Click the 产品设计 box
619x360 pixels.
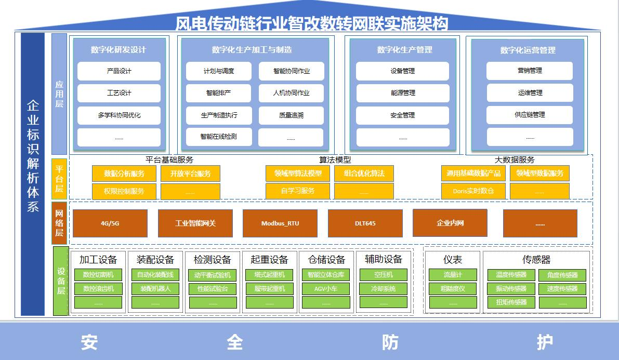(x=119, y=71)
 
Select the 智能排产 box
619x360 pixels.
(x=218, y=93)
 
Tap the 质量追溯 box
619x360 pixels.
(x=291, y=115)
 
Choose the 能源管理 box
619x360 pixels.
(x=402, y=93)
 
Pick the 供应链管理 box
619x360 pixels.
(x=530, y=115)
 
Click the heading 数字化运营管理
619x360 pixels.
(x=528, y=50)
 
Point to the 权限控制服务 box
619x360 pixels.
(x=124, y=191)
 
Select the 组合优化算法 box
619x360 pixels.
(x=364, y=174)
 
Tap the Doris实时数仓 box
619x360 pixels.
(x=473, y=191)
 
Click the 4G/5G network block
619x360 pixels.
(x=110, y=223)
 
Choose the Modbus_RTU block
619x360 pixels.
(x=280, y=223)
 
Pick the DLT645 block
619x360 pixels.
(x=365, y=223)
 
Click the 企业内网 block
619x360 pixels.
(x=450, y=223)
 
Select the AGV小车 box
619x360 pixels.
(x=326, y=289)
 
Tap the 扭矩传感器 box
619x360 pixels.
(x=511, y=302)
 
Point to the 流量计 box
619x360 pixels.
(x=452, y=275)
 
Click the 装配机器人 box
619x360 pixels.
(x=155, y=289)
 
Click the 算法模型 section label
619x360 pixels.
(x=335, y=160)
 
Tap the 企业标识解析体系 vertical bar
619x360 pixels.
(x=33, y=174)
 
